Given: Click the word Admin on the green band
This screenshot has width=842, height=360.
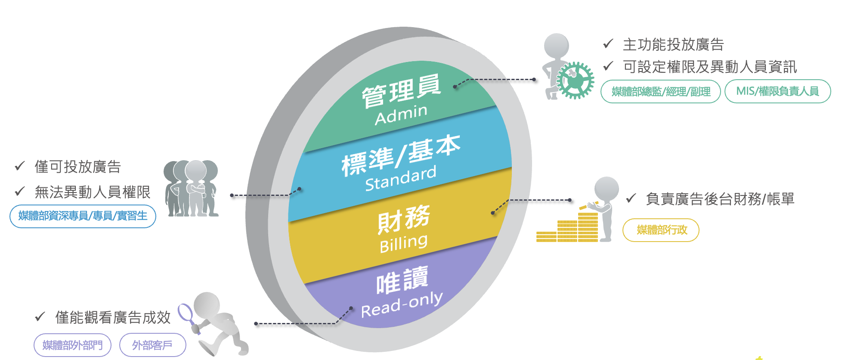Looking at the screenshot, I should pyautogui.click(x=401, y=114).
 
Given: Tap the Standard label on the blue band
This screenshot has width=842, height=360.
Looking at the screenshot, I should pyautogui.click(x=401, y=178).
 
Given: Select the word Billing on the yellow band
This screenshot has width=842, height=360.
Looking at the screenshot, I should pyautogui.click(x=404, y=243).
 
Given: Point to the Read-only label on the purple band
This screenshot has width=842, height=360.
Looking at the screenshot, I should pyautogui.click(x=402, y=305).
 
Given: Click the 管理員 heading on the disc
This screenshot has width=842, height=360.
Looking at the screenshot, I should pyautogui.click(x=401, y=90).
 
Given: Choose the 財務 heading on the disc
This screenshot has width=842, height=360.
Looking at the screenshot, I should pyautogui.click(x=404, y=219).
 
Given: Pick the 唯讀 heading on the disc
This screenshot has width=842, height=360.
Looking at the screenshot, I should pyautogui.click(x=402, y=280).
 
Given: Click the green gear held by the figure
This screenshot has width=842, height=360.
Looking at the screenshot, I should pyautogui.click(x=575, y=81).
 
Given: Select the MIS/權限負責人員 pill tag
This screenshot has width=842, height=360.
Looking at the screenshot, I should pyautogui.click(x=777, y=91).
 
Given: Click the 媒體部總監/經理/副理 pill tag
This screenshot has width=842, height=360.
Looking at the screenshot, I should pyautogui.click(x=661, y=91).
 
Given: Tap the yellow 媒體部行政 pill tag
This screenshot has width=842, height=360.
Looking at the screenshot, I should pyautogui.click(x=661, y=230).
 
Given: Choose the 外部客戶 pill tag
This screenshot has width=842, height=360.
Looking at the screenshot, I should pyautogui.click(x=152, y=345).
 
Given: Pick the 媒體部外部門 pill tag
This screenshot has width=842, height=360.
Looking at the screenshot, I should pyautogui.click(x=72, y=345).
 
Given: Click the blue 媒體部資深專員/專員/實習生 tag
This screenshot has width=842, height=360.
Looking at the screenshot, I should pyautogui.click(x=83, y=216).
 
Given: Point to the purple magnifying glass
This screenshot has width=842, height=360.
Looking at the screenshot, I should pyautogui.click(x=186, y=314).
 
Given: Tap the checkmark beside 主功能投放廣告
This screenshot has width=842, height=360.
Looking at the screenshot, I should pyautogui.click(x=608, y=43).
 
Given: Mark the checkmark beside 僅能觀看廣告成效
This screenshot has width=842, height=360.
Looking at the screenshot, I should pyautogui.click(x=40, y=317).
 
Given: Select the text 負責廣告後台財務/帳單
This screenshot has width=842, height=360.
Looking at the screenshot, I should pyautogui.click(x=720, y=199).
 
